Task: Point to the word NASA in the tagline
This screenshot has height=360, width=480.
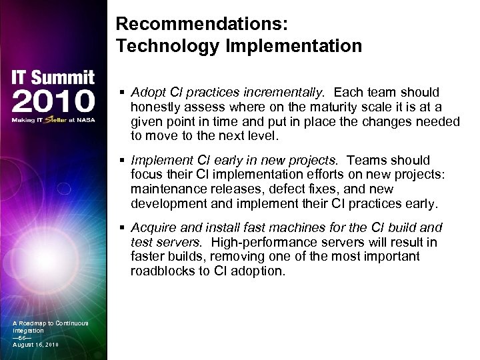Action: (x=85, y=121)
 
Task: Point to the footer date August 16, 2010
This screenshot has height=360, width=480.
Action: (x=36, y=345)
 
